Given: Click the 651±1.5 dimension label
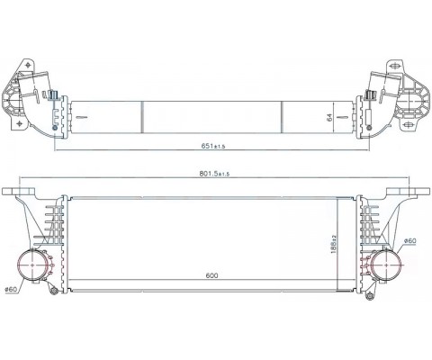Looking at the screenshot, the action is click(x=213, y=146).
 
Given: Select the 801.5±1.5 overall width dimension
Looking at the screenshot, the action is click(x=214, y=174).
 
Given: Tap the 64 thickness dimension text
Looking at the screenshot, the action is click(x=330, y=117).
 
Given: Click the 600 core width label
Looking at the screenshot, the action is click(x=211, y=275).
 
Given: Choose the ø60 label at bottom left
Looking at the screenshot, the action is click(x=11, y=289).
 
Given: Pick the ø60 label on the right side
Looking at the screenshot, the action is click(x=409, y=240).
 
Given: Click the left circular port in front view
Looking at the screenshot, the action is click(x=32, y=265).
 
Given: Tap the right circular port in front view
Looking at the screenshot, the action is click(x=386, y=265).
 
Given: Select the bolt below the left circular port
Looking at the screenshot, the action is click(x=54, y=292).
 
